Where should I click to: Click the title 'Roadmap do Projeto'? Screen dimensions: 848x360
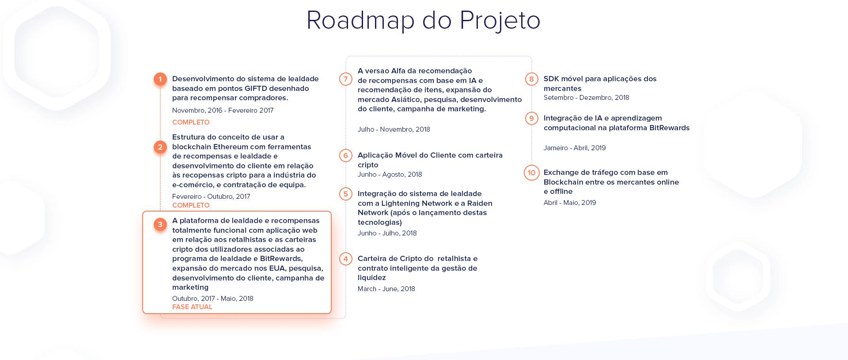point(423,20)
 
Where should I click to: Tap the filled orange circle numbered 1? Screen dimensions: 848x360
point(160,80)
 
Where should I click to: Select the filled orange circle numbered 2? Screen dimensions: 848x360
point(160,147)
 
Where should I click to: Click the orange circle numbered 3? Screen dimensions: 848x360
point(160,224)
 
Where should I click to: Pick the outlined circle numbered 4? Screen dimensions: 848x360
point(346,259)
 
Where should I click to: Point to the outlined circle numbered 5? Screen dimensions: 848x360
point(346,194)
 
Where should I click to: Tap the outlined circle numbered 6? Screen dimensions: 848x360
point(346,155)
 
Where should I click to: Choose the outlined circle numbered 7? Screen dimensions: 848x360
point(346,79)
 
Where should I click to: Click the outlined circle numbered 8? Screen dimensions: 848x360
point(531,79)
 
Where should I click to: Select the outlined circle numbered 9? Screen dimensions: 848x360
point(531,118)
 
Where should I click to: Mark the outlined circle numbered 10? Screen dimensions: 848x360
point(531,173)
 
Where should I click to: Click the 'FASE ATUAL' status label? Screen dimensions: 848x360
point(192,307)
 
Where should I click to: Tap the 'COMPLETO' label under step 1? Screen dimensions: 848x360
point(191,122)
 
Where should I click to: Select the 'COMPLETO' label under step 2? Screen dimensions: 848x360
point(191,205)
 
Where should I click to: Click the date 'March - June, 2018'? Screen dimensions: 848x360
point(386,289)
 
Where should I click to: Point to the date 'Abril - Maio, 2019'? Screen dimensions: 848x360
point(570,203)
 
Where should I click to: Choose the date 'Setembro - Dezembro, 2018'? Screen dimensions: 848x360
point(587,98)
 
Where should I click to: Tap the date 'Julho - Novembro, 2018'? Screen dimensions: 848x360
point(394,129)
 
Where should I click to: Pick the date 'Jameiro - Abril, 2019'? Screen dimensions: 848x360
point(575,148)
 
